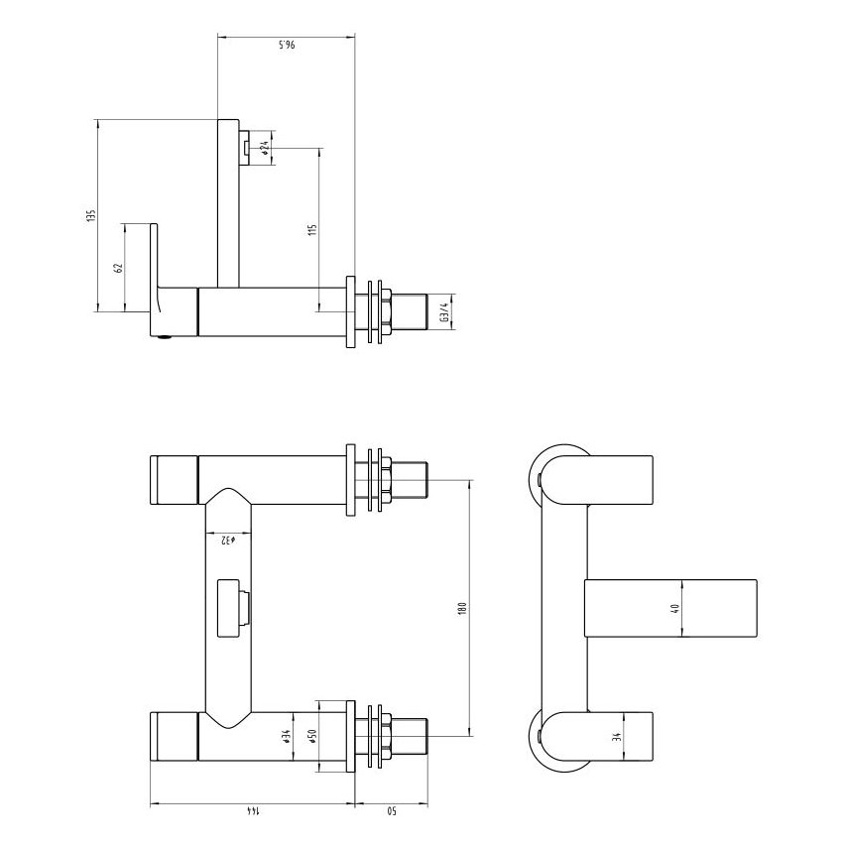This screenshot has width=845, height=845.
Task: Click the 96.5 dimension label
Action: (285, 46)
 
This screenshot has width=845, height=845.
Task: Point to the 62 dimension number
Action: (117, 268)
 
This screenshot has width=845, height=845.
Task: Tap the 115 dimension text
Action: (311, 229)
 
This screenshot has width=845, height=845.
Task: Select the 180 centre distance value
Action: (462, 607)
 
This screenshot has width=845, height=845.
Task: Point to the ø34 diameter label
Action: (286, 737)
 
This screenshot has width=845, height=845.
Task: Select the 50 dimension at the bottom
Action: (391, 812)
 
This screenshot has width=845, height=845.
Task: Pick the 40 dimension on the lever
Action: (675, 609)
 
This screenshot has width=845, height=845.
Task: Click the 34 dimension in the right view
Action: (616, 737)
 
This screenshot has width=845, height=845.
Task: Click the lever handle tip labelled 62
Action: (154, 253)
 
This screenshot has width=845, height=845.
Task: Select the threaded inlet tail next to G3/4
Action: (409, 311)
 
